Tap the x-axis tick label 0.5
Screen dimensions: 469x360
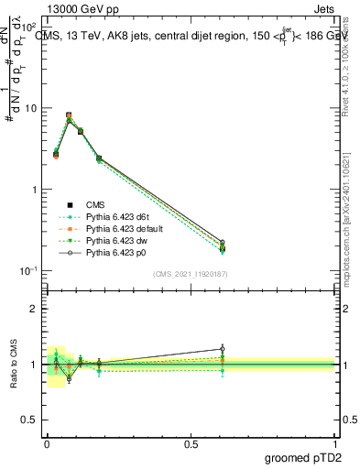pyautogui.click(x=191, y=443)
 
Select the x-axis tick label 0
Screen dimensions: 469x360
pyautogui.click(x=47, y=443)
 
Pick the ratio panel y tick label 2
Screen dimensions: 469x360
pyautogui.click(x=34, y=309)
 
